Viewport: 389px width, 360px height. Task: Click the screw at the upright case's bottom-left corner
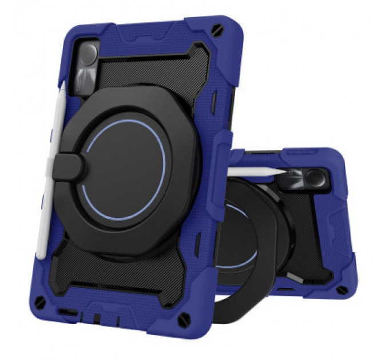[x=40, y=301]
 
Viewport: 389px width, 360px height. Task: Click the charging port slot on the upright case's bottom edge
[x=68, y=313]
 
